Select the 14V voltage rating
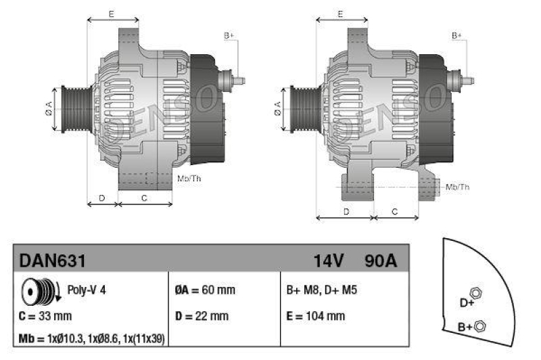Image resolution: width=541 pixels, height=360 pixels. [329, 260]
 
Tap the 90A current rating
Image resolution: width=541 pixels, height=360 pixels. [380, 260]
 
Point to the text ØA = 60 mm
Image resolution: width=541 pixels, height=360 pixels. [205, 290]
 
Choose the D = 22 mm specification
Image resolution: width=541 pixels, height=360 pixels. [202, 315]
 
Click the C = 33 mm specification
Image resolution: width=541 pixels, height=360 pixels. [45, 315]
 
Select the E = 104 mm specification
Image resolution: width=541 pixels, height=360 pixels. [316, 315]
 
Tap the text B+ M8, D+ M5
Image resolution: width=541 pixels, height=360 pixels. [322, 290]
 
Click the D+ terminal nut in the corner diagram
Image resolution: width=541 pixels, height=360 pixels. [475, 293]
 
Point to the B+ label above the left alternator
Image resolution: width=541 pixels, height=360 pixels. [229, 35]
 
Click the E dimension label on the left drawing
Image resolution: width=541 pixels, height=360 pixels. [111, 14]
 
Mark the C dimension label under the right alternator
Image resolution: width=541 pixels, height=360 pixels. [396, 212]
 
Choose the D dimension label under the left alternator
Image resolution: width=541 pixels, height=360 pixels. [101, 198]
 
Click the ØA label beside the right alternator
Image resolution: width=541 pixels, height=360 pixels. [277, 109]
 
